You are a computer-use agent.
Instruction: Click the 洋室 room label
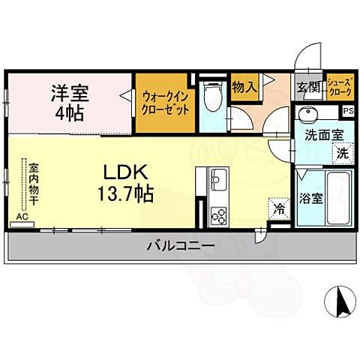(x=69, y=94)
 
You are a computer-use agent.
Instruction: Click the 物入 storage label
(x=245, y=87)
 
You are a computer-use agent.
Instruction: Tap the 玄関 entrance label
(x=307, y=88)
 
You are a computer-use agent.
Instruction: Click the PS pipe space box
(x=348, y=111)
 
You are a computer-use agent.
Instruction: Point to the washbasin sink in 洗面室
(x=307, y=115)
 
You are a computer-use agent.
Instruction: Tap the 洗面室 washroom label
(x=323, y=136)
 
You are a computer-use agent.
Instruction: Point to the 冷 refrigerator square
(x=279, y=206)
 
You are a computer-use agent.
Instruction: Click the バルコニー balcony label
(x=181, y=246)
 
